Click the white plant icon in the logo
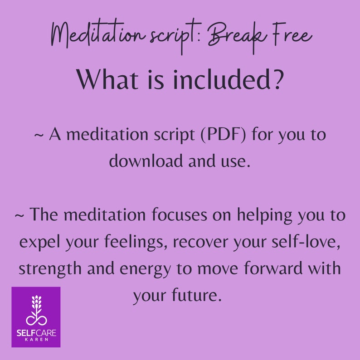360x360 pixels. point(36,310)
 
